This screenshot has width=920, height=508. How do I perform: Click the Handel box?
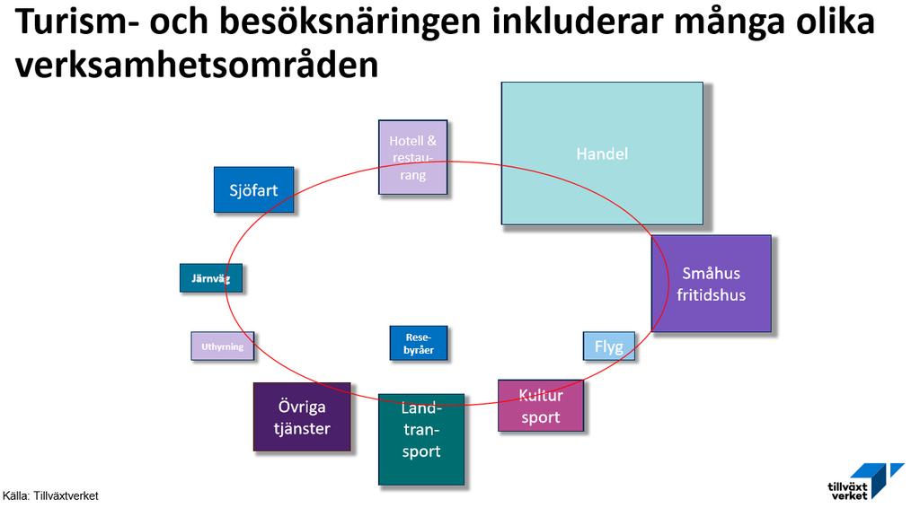(x=602, y=153)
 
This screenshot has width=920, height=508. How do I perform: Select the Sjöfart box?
(x=253, y=190)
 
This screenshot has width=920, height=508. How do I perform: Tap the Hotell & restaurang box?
(x=413, y=157)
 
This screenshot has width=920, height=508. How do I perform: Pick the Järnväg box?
(x=210, y=277)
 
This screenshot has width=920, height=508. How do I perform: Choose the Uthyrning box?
(x=223, y=346)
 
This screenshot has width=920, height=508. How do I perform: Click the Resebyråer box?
(x=419, y=344)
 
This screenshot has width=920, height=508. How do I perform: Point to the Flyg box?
(x=608, y=346)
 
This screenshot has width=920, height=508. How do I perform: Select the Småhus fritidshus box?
(x=712, y=284)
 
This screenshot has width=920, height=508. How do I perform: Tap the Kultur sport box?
(x=540, y=406)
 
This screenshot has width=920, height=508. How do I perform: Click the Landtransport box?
(x=421, y=440)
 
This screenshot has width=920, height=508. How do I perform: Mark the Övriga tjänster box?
(x=302, y=416)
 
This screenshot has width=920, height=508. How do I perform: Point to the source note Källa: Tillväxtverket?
(x=50, y=496)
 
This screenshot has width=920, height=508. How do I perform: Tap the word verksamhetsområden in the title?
(x=197, y=65)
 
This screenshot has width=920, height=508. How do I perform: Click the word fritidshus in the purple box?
(x=712, y=294)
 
